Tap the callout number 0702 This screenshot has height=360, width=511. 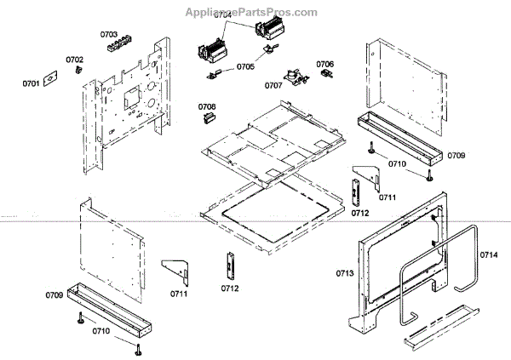[75, 60]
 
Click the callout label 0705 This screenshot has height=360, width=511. [245, 66]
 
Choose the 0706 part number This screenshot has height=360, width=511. [324, 64]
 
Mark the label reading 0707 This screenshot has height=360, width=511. [273, 85]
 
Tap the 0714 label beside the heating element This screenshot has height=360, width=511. [488, 254]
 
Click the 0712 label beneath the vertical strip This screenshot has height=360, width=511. [229, 288]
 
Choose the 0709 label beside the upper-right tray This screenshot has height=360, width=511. [456, 156]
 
